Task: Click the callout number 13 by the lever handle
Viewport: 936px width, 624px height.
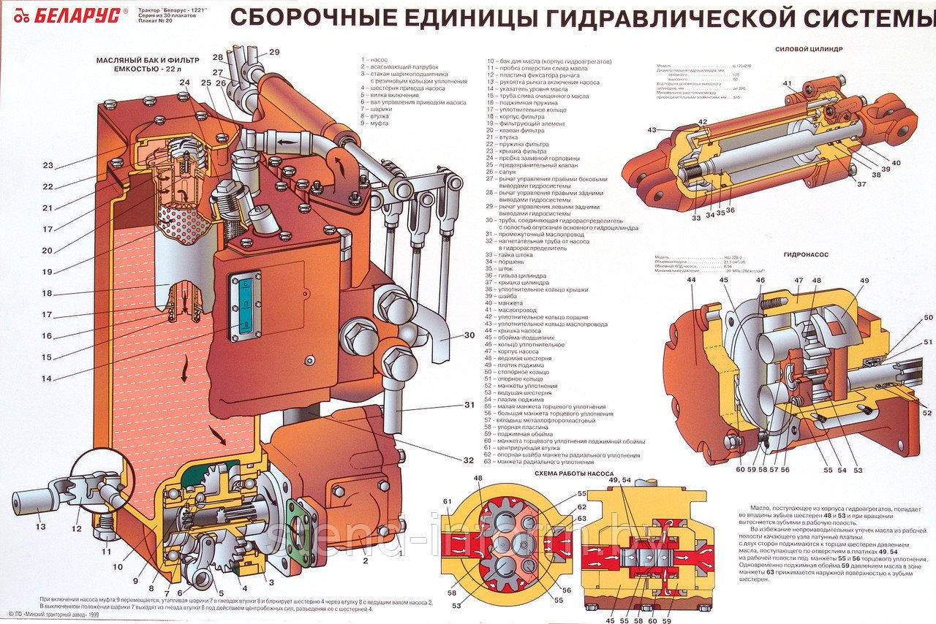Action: [40, 527]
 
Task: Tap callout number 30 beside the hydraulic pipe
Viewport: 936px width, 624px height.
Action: [468, 336]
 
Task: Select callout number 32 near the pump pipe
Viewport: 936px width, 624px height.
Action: [468, 460]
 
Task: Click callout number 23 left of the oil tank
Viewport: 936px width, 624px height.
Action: [48, 165]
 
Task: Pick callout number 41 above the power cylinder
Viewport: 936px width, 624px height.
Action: [787, 83]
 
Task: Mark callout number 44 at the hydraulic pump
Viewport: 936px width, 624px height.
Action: [691, 280]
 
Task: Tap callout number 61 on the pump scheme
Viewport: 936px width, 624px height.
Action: [447, 500]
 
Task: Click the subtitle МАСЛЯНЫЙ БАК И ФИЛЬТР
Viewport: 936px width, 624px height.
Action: [143, 61]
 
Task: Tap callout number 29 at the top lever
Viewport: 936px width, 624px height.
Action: [274, 52]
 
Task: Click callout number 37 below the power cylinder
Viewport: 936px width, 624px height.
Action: [861, 183]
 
